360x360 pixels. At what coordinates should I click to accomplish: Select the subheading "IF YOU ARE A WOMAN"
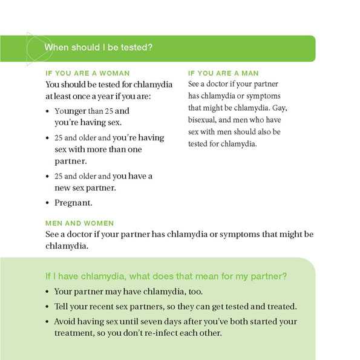point(87,73)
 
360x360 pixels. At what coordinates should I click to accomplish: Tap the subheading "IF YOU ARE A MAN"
point(223,73)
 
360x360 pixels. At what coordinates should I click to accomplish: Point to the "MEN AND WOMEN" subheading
point(79,223)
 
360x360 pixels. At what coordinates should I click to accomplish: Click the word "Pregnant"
point(74,203)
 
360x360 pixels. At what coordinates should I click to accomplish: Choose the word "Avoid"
point(65,321)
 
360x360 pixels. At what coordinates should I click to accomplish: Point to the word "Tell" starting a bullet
point(62,306)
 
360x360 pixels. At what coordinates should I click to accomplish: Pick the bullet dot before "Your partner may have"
point(48,292)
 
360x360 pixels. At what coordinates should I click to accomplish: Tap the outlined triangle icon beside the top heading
point(33,48)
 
